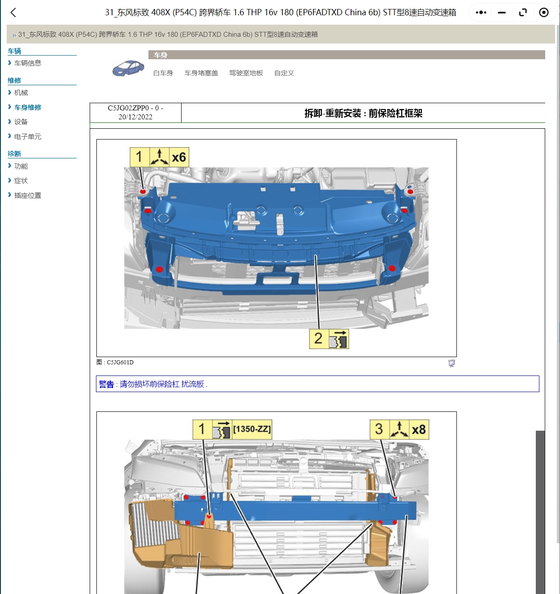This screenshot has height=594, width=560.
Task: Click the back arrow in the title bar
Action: [x=13, y=13]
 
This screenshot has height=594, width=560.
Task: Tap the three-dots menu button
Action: [x=481, y=13]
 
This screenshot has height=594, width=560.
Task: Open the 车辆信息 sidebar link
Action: [x=27, y=63]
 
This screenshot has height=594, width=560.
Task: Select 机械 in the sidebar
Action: [x=21, y=93]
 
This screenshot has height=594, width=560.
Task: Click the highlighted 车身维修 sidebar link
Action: [x=27, y=107]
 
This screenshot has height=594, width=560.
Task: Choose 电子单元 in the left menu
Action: [x=27, y=137]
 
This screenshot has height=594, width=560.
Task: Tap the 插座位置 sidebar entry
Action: [x=27, y=196]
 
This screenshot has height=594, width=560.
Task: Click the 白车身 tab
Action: [x=163, y=73]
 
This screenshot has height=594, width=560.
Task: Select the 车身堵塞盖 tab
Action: [x=201, y=73]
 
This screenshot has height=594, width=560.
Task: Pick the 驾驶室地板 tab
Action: [x=246, y=73]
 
